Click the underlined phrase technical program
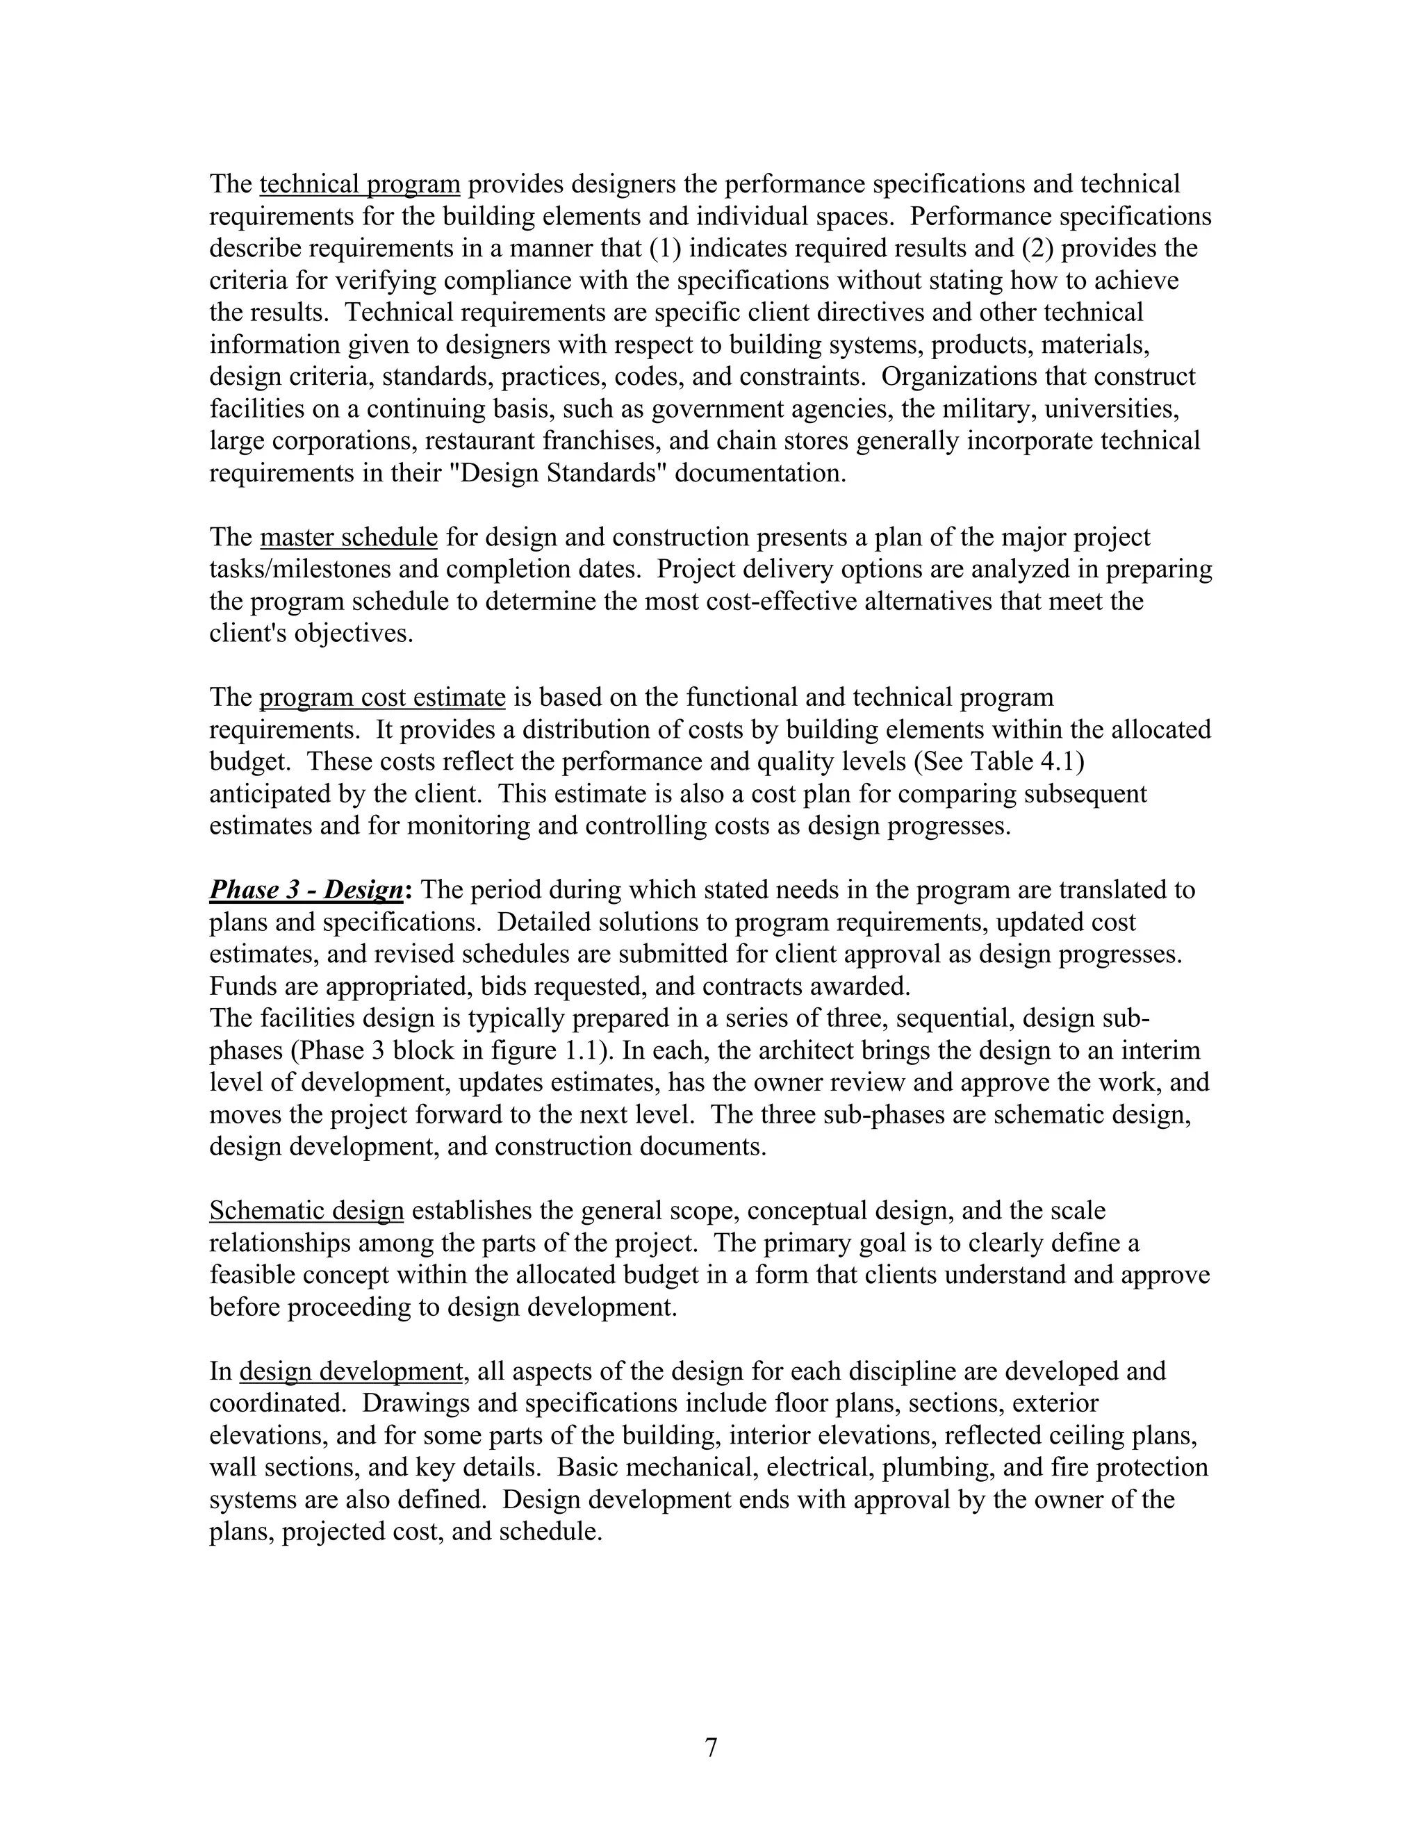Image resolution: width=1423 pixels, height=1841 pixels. [360, 184]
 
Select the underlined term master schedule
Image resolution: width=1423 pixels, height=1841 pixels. [348, 537]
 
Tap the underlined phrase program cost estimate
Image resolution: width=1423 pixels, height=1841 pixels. [382, 697]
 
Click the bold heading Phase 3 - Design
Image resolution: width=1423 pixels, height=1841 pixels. [307, 890]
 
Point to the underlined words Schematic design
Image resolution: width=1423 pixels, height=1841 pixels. [307, 1212]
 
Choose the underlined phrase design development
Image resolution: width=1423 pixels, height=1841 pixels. [351, 1371]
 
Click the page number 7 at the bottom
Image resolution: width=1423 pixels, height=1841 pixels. [711, 1749]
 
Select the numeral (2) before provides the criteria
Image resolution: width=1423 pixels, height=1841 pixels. [1037, 249]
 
